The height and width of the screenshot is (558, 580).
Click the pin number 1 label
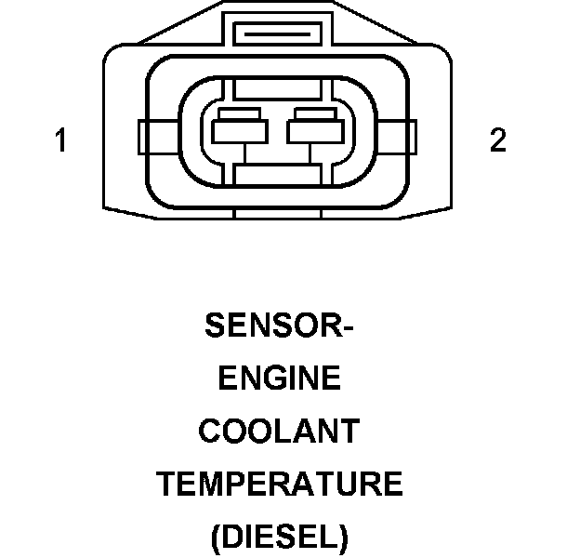61,141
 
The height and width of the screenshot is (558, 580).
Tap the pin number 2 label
498,141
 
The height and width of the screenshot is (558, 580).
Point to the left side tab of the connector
143,138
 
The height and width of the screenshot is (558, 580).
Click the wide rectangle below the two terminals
278,173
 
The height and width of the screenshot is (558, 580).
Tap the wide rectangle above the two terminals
278,90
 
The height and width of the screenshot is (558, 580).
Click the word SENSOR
273,326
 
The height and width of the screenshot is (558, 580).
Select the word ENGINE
279,379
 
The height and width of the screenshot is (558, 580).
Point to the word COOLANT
279,432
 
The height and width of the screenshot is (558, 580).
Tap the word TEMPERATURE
279,485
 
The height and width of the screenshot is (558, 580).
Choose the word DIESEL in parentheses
279,538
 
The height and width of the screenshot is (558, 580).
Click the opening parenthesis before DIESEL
217,538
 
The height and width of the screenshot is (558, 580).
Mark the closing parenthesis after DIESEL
343,538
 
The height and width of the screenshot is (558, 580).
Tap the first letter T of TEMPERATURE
165,485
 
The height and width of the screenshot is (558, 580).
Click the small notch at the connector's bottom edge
278,213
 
